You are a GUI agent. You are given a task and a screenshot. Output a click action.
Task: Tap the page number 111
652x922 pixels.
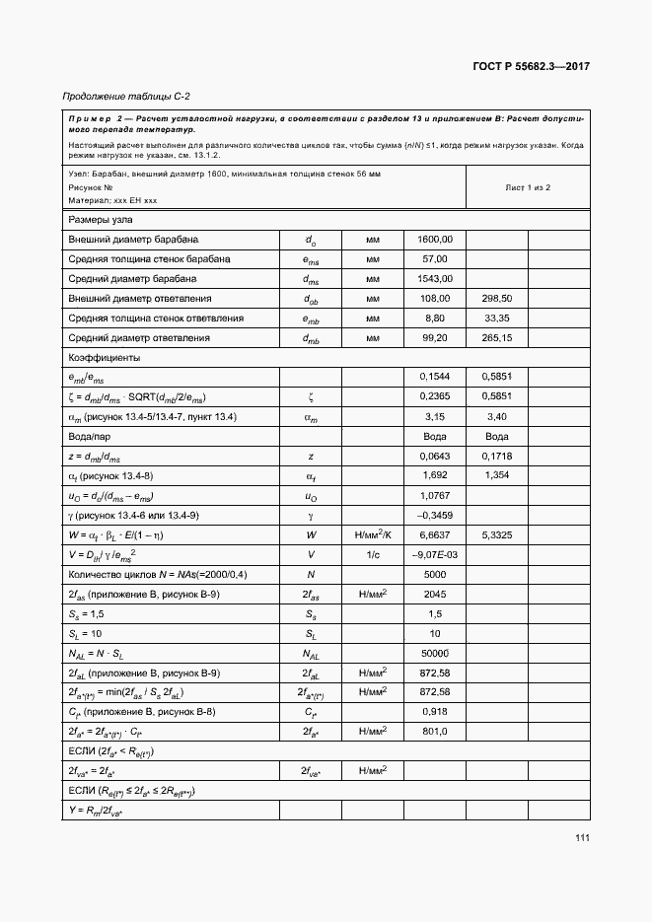point(582,838)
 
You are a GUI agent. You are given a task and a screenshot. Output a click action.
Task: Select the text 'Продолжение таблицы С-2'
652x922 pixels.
point(126,96)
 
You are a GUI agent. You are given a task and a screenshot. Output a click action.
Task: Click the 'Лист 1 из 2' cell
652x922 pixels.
point(528,186)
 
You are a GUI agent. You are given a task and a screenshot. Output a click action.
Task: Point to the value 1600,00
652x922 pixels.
point(434,239)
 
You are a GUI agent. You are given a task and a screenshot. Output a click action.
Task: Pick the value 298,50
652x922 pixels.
point(497,298)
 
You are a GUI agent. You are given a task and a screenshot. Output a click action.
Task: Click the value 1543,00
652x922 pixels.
point(434,278)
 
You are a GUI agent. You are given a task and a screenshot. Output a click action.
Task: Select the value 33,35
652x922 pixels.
point(497,318)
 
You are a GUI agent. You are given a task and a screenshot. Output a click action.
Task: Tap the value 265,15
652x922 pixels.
point(497,338)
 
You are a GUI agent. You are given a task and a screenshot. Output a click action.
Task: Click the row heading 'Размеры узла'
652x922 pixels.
point(101,219)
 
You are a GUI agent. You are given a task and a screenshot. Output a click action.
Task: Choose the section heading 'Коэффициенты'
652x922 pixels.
point(104,357)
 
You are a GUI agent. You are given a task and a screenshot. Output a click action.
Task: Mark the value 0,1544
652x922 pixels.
point(434,377)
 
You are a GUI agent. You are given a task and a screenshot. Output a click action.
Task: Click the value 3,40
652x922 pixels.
point(497,416)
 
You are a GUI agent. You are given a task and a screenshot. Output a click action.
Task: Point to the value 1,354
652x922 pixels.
point(497,475)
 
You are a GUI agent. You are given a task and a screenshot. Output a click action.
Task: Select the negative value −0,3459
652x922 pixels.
point(434,515)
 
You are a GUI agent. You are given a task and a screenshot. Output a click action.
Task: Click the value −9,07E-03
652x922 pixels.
point(434,554)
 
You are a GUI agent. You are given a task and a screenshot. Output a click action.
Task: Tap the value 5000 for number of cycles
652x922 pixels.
point(434,574)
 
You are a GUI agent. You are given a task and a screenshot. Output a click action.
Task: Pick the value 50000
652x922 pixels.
point(434,653)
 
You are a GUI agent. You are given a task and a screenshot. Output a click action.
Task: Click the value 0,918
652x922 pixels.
point(434,712)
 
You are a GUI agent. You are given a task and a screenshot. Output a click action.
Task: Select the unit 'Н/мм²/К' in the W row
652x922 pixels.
point(372,534)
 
